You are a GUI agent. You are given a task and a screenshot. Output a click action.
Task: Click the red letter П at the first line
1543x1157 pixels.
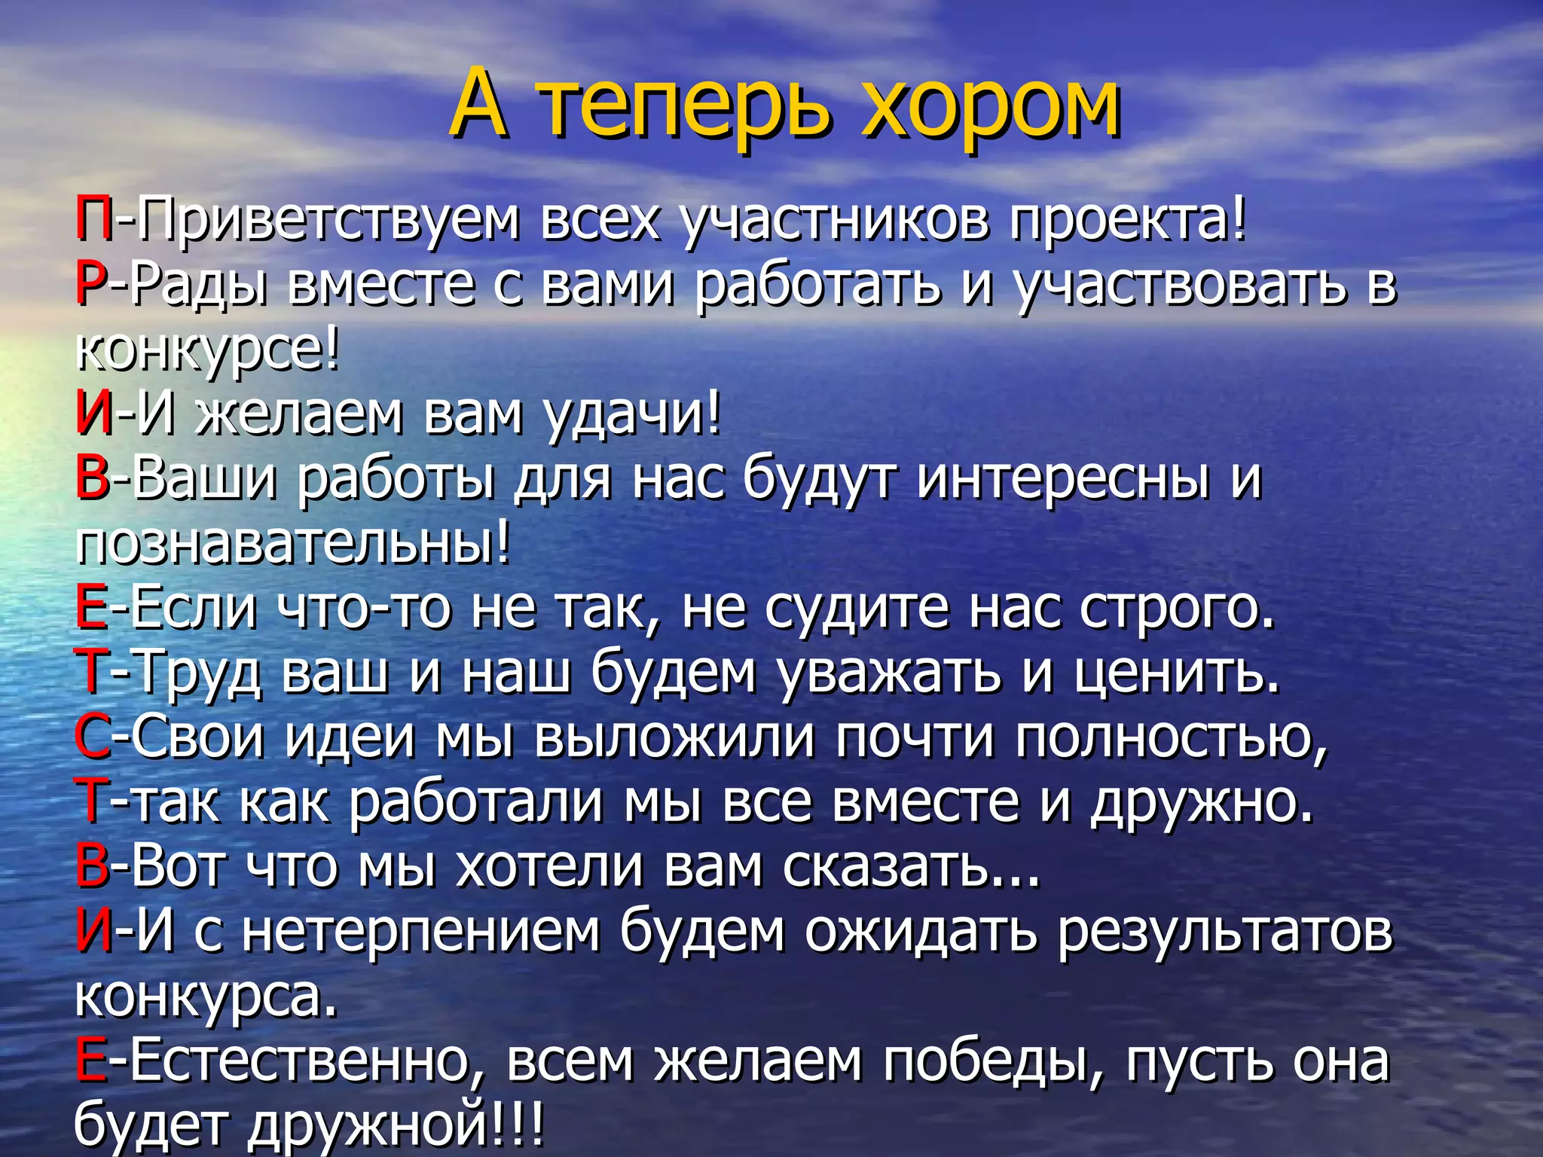click(x=94, y=219)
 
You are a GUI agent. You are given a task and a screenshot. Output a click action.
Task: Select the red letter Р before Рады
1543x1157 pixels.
click(x=92, y=284)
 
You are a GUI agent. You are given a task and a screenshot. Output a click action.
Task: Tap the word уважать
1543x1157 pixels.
click(x=889, y=672)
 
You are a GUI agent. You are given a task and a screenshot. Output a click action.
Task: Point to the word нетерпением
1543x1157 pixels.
click(x=422, y=931)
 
